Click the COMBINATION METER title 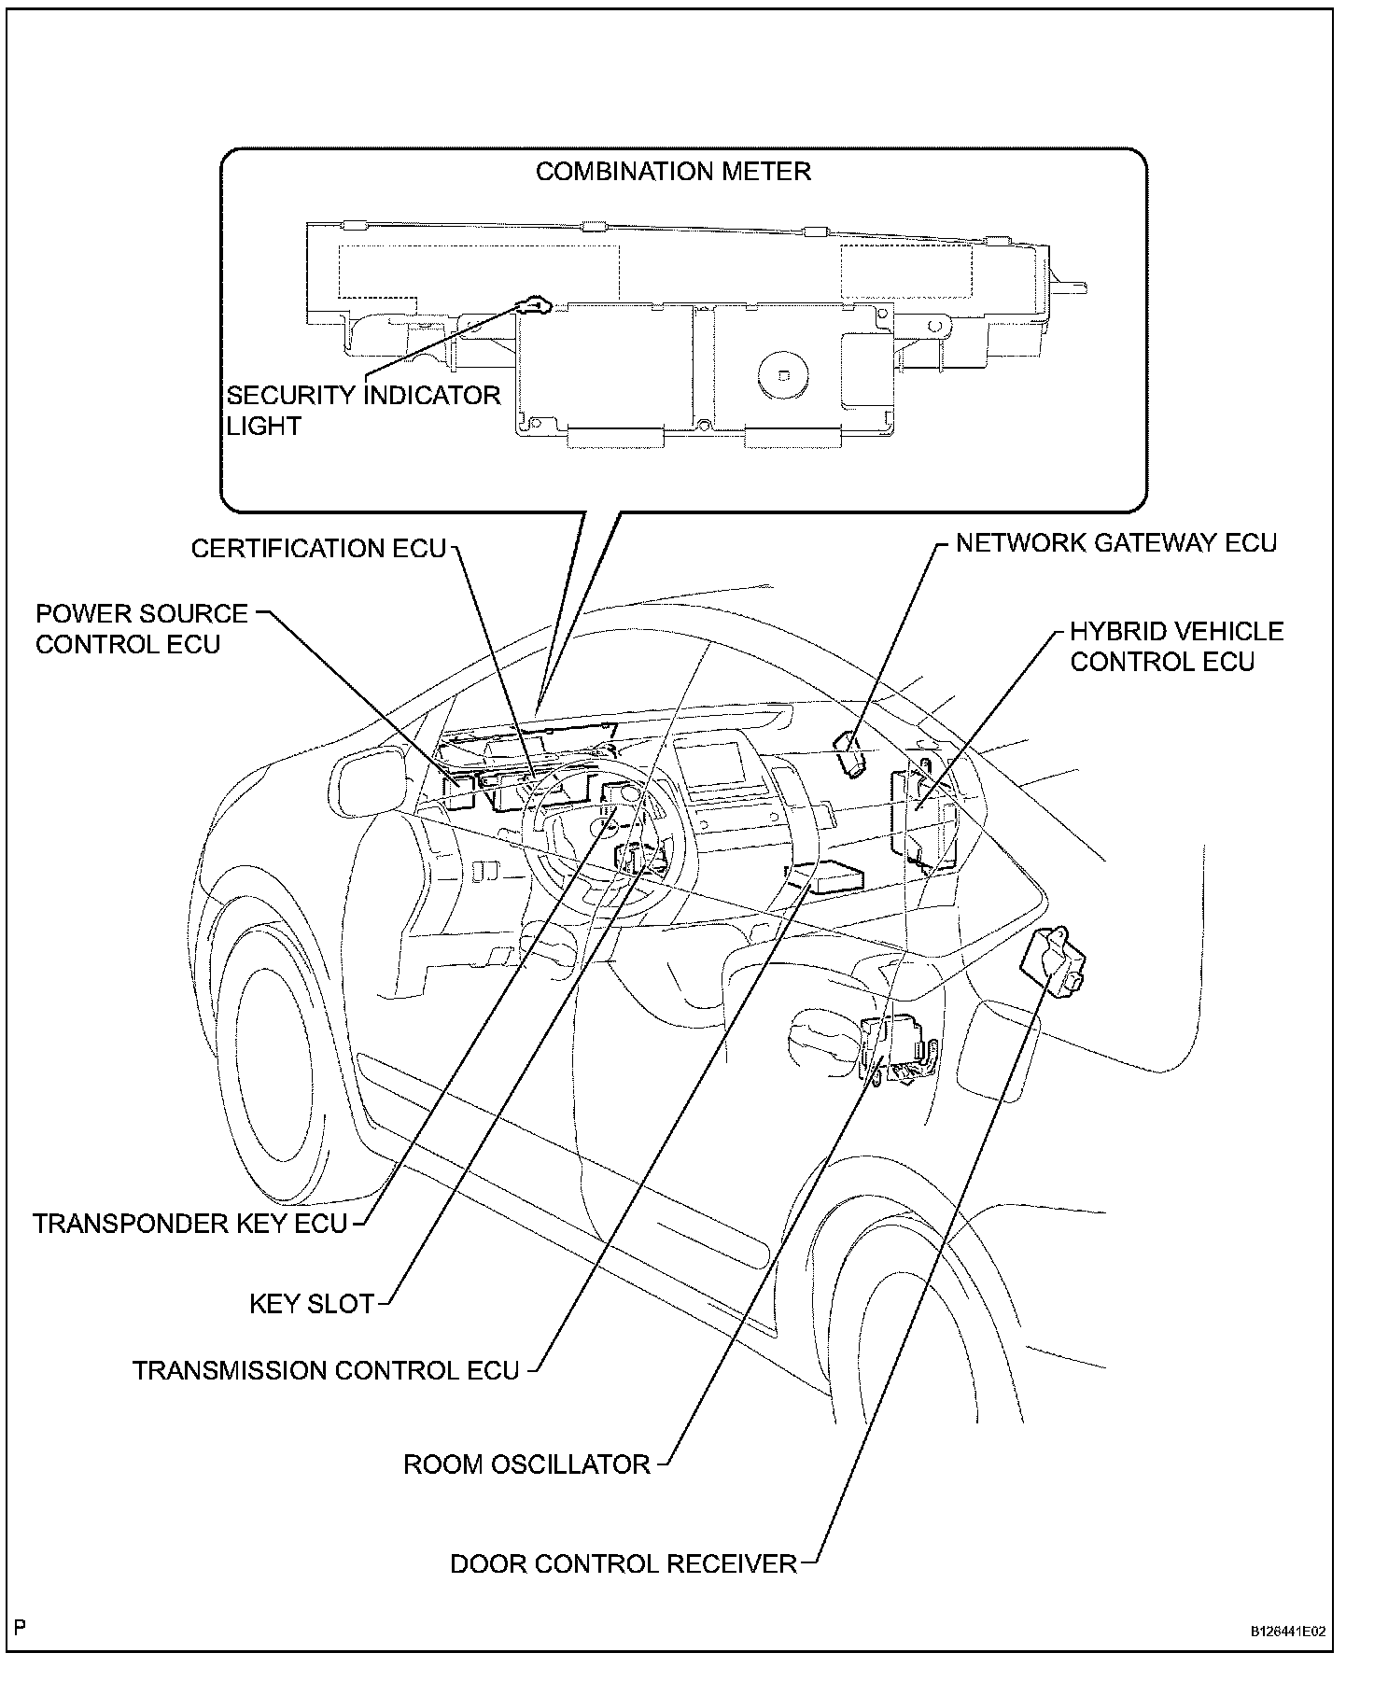[x=672, y=172]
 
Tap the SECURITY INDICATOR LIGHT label [x=363, y=410]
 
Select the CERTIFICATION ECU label [x=318, y=548]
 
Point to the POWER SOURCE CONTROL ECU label [x=141, y=629]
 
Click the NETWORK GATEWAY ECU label [x=1115, y=543]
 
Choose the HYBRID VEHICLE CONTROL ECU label [x=1176, y=646]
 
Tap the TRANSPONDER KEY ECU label [x=189, y=1224]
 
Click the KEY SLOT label [x=311, y=1303]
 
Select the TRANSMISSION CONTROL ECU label [x=325, y=1370]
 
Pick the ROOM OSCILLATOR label [x=526, y=1464]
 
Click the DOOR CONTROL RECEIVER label [x=624, y=1563]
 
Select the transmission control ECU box [x=827, y=877]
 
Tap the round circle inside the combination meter [x=782, y=371]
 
